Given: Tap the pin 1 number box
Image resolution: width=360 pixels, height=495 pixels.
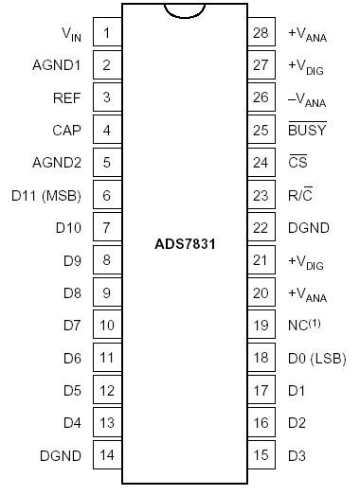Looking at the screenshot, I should [107, 33].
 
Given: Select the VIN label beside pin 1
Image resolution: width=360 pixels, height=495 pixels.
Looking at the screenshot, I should [71, 34].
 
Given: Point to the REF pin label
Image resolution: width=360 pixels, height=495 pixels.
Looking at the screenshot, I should [67, 97].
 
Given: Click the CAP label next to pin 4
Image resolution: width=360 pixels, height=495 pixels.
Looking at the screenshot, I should [67, 130].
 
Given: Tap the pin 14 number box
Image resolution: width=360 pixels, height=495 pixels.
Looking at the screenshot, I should [107, 455].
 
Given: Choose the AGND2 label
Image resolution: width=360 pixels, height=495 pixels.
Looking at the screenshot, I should [59, 162].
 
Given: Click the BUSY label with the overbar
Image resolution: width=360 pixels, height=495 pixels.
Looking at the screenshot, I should [306, 129].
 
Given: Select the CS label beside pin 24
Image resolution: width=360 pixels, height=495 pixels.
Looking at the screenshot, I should [297, 162].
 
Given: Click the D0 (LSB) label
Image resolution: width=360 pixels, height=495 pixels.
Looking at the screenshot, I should [315, 358].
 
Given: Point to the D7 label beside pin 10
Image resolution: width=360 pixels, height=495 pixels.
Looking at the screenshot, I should [72, 326].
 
